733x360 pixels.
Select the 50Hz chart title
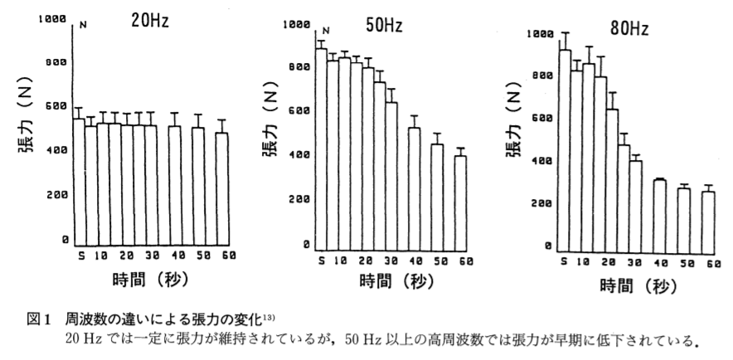pos(383,26)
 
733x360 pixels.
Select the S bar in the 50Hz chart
pos(322,149)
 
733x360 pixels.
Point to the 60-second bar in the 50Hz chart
pos(460,202)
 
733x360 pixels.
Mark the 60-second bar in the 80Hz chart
pos(706,221)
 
